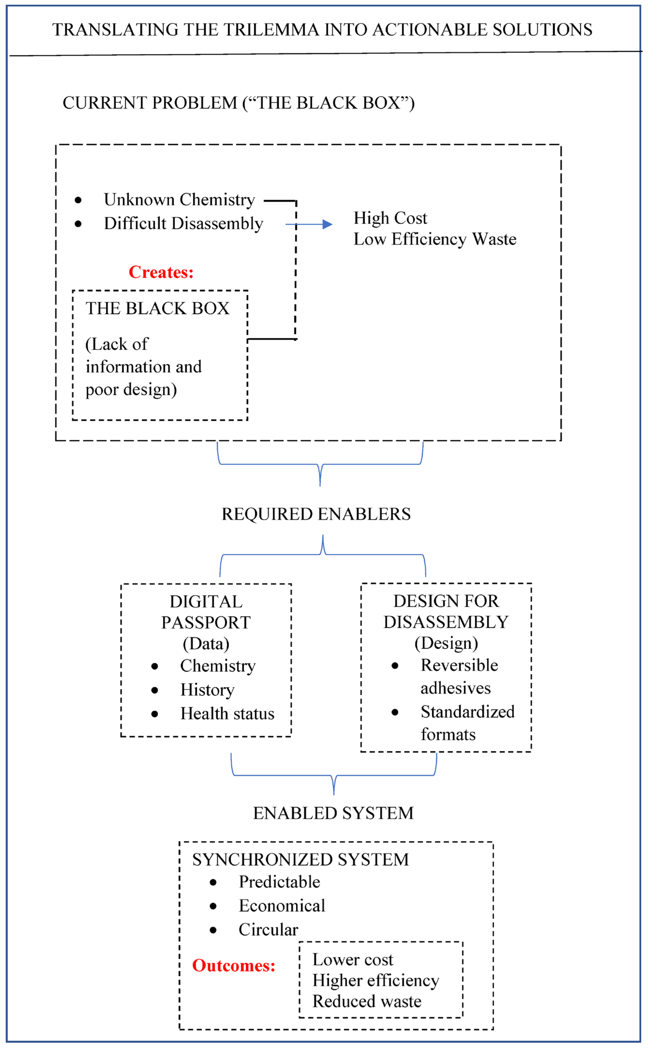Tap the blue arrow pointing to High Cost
click(x=309, y=224)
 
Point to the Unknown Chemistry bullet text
click(x=179, y=200)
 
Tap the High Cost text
click(x=390, y=218)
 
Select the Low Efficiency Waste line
click(x=435, y=239)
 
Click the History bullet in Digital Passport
click(x=207, y=690)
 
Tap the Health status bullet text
click(x=227, y=714)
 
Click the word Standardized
click(x=467, y=712)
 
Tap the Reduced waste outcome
click(x=367, y=1001)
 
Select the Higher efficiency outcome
click(x=376, y=981)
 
